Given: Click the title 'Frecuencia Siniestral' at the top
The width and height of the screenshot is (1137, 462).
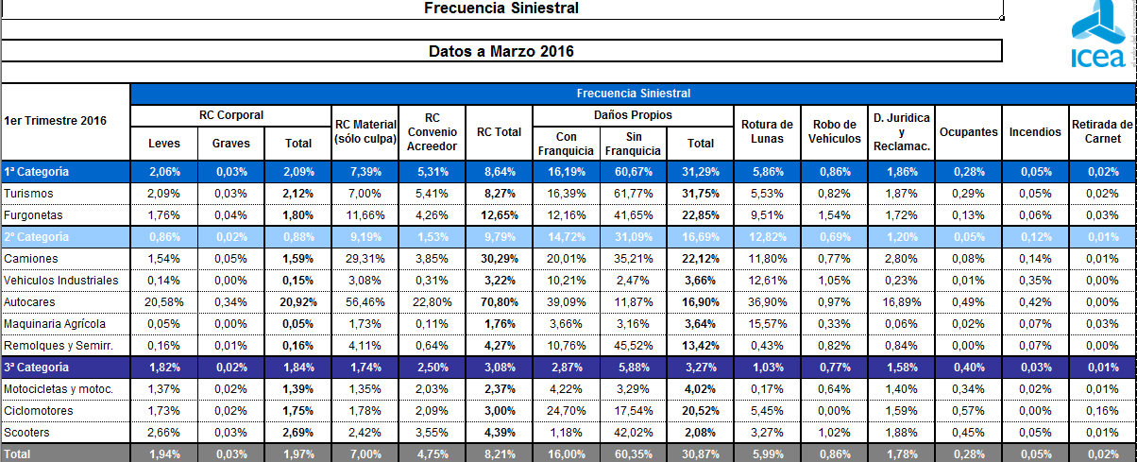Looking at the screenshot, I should (x=501, y=9).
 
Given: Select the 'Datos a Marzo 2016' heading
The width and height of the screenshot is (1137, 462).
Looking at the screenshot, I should (x=501, y=51).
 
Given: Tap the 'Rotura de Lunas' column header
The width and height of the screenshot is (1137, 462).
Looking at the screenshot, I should (x=768, y=131).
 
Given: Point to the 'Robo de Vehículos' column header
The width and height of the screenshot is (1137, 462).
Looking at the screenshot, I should (x=835, y=131).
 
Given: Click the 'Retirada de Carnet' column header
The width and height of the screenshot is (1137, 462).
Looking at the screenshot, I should (x=1102, y=131).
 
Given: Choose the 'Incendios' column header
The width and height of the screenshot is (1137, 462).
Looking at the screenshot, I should (x=1034, y=132).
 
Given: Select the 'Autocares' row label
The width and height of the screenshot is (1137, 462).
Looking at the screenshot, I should (x=30, y=302).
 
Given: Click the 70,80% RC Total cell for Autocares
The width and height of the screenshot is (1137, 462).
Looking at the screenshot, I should (x=499, y=302).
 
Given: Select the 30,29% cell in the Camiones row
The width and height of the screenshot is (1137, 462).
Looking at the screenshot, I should (x=499, y=257).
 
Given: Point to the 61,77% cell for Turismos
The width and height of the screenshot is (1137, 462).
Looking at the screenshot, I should (x=633, y=193).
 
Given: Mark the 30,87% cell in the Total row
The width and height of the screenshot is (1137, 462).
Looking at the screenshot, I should (x=700, y=454).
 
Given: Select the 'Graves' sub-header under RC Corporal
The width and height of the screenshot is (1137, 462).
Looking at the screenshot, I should (x=231, y=144).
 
